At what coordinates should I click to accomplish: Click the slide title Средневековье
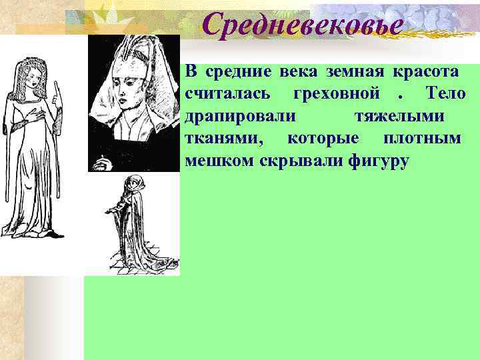click(303, 26)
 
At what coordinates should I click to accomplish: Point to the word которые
click(323, 139)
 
